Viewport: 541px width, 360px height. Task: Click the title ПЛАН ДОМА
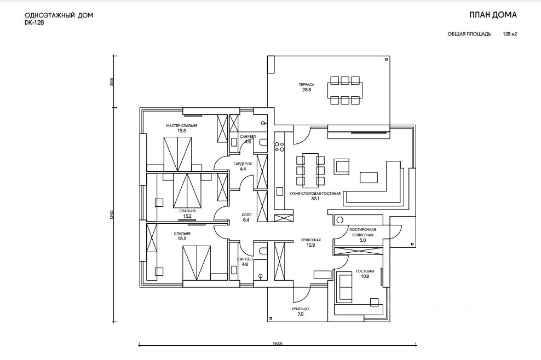[x=493, y=15]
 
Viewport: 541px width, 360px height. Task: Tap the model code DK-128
[x=34, y=23]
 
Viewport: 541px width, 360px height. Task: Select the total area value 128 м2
[x=510, y=34]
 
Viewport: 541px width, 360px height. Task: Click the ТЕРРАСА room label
[x=307, y=84]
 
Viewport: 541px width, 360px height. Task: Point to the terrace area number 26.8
[x=307, y=90]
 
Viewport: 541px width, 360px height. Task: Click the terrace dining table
[x=345, y=90]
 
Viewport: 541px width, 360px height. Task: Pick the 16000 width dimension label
[x=278, y=344]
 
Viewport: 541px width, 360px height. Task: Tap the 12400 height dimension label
[x=111, y=214]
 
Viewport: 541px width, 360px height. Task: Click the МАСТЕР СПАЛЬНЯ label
[x=181, y=126]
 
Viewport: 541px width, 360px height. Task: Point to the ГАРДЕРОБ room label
[x=243, y=164]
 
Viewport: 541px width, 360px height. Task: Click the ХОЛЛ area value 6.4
[x=246, y=220]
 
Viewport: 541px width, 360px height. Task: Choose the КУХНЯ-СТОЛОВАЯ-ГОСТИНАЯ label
[x=315, y=194]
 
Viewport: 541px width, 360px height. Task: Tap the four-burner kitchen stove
[x=279, y=147]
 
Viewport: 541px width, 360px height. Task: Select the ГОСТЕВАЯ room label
[x=365, y=271]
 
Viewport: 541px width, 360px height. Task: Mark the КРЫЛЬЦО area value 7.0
[x=300, y=314]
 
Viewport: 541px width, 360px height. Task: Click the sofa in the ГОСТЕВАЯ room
[x=344, y=287]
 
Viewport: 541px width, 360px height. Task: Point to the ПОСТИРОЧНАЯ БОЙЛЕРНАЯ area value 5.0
[x=362, y=240]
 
